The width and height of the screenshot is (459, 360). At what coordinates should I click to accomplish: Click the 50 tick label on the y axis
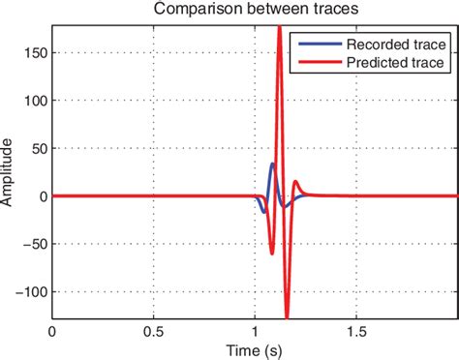click(x=37, y=148)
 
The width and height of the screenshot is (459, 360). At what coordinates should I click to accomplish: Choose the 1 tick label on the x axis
click(x=254, y=330)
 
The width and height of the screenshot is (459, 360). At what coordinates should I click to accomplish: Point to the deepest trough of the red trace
click(x=287, y=315)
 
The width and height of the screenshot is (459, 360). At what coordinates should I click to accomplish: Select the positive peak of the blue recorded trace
click(x=272, y=164)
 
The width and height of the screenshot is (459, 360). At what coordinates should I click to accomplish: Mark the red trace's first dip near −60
click(x=271, y=254)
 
